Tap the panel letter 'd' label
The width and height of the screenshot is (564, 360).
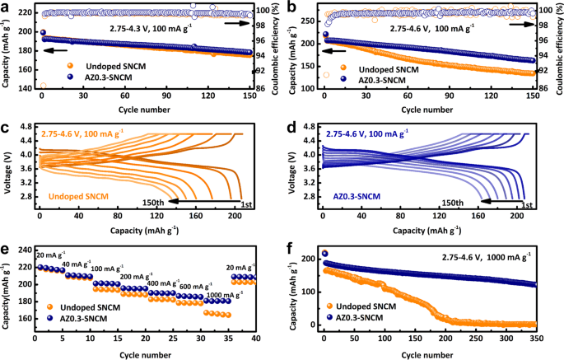click(289, 126)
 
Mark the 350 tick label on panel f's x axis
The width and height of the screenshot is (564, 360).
click(536, 339)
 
